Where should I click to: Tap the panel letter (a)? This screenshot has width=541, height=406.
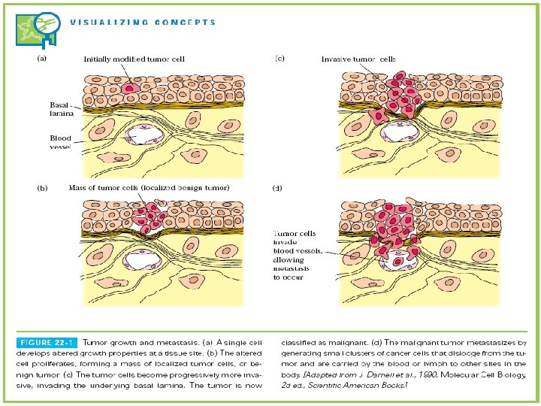43,57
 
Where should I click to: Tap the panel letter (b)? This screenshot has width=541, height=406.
43,188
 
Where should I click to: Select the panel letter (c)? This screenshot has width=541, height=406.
280,57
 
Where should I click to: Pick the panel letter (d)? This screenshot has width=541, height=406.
278,188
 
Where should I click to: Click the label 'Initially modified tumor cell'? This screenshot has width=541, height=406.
134,58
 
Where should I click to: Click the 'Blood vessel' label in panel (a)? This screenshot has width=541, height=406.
60,142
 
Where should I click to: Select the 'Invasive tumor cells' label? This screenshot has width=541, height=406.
358,58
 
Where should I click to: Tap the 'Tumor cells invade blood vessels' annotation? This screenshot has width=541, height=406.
298,255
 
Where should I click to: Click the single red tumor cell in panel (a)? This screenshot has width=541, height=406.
128,88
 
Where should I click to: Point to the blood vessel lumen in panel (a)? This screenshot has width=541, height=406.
139,135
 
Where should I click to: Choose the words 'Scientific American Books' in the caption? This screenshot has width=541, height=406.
366,384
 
